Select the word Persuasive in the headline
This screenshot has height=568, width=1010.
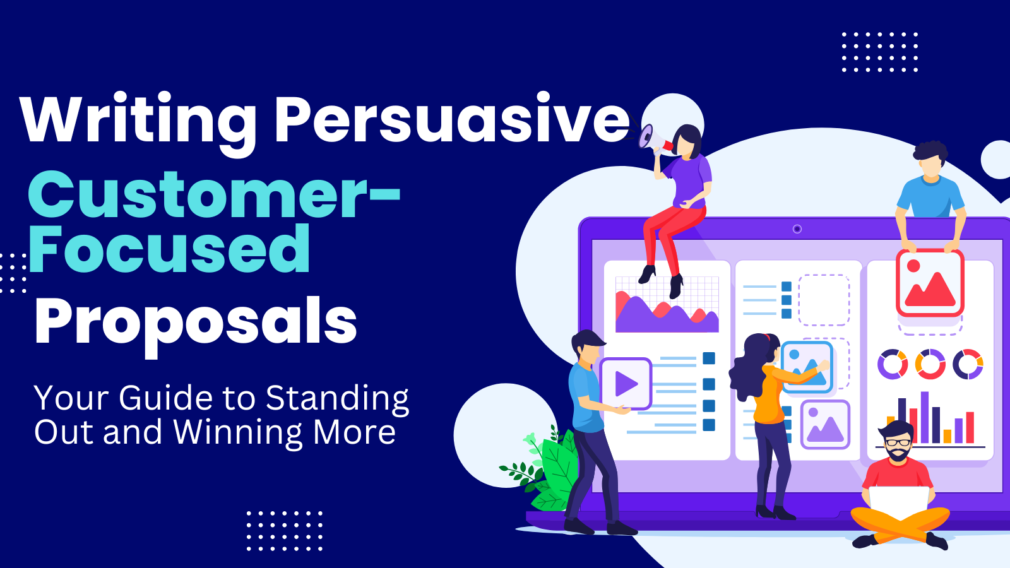click(451, 118)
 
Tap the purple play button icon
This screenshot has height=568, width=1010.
click(626, 384)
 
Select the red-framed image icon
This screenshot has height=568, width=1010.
click(930, 283)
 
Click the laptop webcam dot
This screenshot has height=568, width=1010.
click(797, 229)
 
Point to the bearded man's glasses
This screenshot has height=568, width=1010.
click(897, 442)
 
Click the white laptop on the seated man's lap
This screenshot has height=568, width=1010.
click(899, 502)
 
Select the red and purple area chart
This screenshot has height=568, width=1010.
click(667, 305)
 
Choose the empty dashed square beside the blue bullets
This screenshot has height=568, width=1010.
click(824, 300)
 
